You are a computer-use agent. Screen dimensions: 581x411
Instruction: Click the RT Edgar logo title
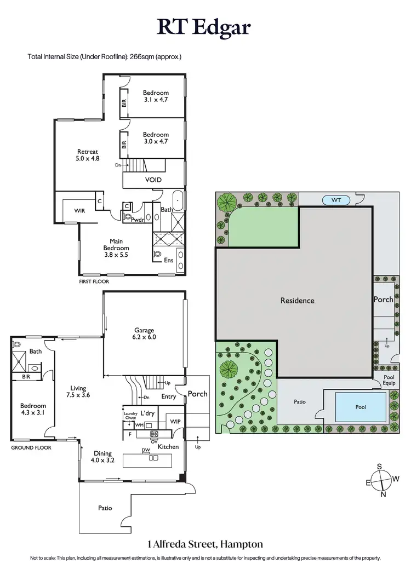[x=206, y=27]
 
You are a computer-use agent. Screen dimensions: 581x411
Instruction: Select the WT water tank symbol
[x=336, y=200]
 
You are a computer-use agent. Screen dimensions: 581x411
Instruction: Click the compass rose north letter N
[x=383, y=494]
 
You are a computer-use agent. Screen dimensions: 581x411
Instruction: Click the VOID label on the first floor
[x=153, y=179]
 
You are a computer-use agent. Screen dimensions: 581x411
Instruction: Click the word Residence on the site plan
[x=298, y=301]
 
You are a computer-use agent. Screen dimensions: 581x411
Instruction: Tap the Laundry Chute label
[x=130, y=416]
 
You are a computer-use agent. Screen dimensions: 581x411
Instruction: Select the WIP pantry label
[x=175, y=422]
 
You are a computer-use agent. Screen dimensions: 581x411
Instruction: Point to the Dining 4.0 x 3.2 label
[x=102, y=457]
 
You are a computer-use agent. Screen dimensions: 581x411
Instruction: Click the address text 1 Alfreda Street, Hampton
[x=205, y=544]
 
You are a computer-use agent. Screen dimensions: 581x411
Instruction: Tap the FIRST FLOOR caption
[x=94, y=281]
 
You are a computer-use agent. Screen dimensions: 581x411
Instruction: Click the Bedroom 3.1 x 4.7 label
[x=156, y=96]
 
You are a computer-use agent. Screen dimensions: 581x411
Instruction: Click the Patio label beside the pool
[x=299, y=402]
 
